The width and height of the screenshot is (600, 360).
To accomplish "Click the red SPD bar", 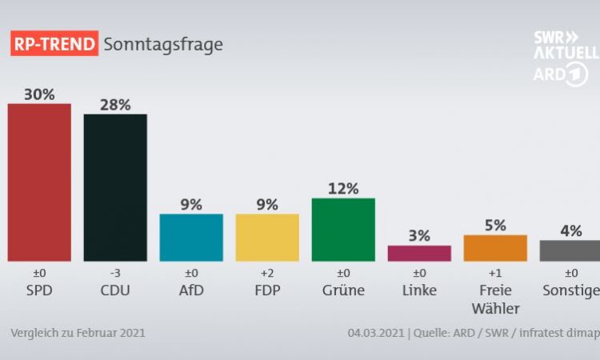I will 39,182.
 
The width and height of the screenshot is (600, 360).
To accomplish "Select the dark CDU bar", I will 115,187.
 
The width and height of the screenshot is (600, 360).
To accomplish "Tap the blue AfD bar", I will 191,237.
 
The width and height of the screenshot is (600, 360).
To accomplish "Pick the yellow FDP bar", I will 267,237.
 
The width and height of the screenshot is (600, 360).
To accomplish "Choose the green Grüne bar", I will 343,229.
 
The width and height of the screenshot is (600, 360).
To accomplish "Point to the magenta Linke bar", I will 419,253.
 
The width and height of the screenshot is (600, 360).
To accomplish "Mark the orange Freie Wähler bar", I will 495,248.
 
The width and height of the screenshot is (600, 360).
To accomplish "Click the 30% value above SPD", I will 39,94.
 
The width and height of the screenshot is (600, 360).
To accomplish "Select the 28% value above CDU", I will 115,104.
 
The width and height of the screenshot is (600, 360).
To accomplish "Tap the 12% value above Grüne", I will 343,189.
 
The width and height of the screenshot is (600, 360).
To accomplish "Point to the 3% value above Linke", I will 419,236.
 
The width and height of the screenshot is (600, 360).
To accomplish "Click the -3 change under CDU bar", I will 115,274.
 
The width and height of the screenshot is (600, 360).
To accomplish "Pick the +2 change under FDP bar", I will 267,274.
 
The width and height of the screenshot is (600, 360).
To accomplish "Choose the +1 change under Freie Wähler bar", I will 495,274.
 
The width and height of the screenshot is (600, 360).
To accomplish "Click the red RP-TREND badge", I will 53,43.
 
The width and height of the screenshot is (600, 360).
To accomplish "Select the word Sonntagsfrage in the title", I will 163,43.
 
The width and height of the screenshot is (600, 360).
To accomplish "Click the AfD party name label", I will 191,290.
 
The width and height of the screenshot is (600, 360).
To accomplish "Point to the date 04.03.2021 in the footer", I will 376,333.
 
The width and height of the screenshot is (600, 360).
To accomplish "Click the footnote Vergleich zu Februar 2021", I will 78,333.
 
